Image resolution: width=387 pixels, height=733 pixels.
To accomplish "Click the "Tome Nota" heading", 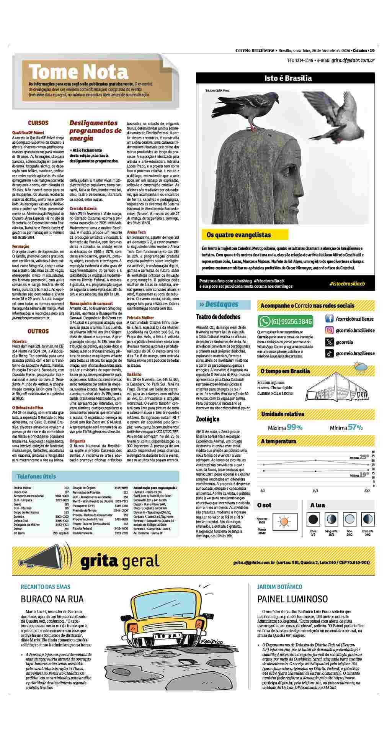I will (x=78, y=72).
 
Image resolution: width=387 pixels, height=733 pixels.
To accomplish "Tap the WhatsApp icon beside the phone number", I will (x=265, y=321).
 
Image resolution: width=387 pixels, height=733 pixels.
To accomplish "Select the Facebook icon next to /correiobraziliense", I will (x=329, y=319).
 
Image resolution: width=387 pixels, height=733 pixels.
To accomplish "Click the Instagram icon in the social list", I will (x=329, y=330).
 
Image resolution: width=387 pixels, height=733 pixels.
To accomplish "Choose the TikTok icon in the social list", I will (x=329, y=354).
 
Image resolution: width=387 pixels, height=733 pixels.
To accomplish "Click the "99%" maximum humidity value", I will (x=294, y=427).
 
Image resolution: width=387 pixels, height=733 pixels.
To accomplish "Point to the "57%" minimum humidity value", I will (x=355, y=427).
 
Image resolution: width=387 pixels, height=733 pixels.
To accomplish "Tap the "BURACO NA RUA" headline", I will (x=52, y=599).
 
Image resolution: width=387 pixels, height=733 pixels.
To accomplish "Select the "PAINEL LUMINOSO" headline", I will (x=292, y=599).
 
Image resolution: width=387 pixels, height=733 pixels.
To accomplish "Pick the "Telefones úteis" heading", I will (x=36, y=477).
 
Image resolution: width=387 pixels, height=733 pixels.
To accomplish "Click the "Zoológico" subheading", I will (x=207, y=419).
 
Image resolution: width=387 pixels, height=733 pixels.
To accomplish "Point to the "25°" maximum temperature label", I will (x=364, y=456).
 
